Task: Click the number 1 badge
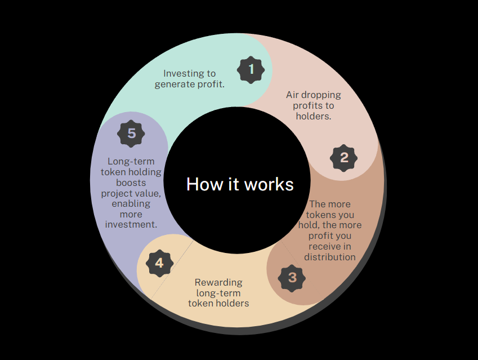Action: point(251,70)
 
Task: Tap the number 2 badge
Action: point(344,158)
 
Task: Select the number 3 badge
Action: point(292,278)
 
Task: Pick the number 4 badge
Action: point(159,263)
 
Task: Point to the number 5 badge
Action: point(131,134)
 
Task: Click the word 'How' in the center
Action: point(204,184)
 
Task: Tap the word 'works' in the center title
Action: point(269,184)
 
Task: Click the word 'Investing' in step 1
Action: point(181,74)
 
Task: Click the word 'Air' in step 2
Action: point(292,95)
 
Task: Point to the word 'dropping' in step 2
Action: point(321,95)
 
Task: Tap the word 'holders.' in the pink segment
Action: point(314,116)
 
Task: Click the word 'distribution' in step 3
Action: point(330,257)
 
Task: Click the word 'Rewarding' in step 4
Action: point(218,282)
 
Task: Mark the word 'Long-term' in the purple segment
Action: point(131,161)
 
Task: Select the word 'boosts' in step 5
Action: point(131,183)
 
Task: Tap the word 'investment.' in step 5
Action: point(131,225)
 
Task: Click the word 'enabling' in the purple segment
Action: point(131,204)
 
